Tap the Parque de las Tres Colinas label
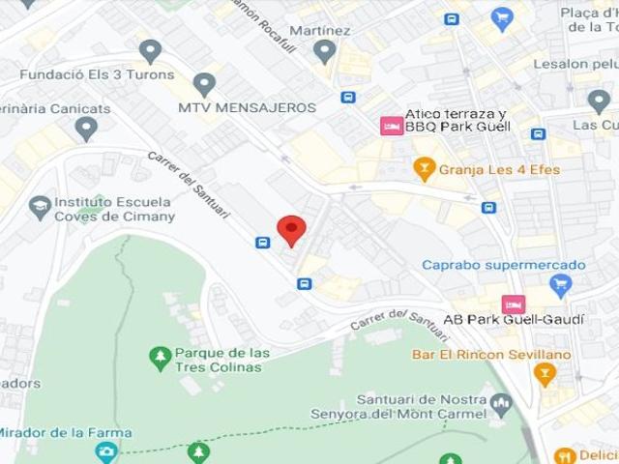pyautogui.click(x=222, y=359)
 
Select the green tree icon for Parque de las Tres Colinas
pyautogui.click(x=161, y=359)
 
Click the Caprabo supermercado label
pyautogui.click(x=503, y=265)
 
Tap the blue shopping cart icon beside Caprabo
pyautogui.click(x=560, y=284)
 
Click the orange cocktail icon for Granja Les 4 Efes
pyautogui.click(x=424, y=169)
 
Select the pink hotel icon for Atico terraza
pyautogui.click(x=391, y=126)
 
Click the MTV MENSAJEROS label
pyautogui.click(x=247, y=107)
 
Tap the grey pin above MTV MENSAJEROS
pyautogui.click(x=204, y=84)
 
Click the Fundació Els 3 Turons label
pyautogui.click(x=97, y=74)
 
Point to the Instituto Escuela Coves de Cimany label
pyautogui.click(x=114, y=210)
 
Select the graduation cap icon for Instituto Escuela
pyautogui.click(x=40, y=207)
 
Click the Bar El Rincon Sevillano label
pyautogui.click(x=491, y=355)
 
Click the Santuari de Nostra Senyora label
pyautogui.click(x=422, y=407)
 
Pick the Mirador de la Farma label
pyautogui.click(x=65, y=432)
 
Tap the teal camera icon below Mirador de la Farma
pyautogui.click(x=106, y=451)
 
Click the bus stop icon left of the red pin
pyautogui.click(x=262, y=242)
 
